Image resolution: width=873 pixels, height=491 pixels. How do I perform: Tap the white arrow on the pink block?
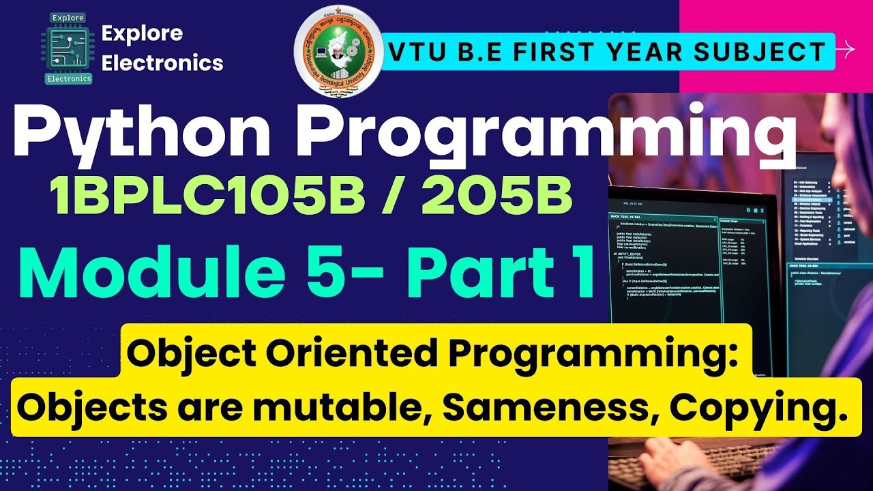(846, 49)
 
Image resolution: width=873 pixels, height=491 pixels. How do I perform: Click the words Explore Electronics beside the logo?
(162, 48)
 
